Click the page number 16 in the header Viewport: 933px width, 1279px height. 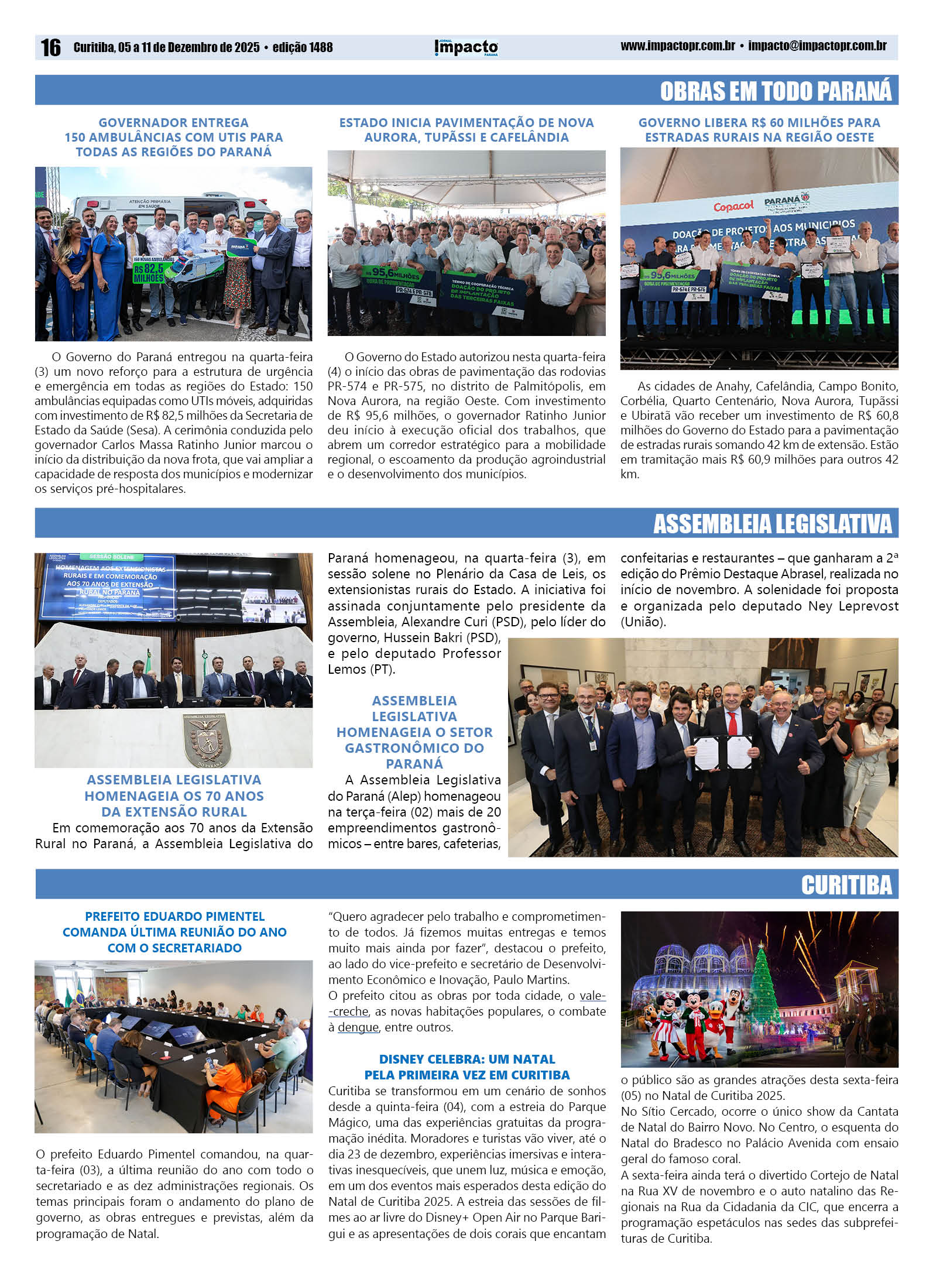click(50, 47)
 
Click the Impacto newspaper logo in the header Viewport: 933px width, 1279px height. click(466, 47)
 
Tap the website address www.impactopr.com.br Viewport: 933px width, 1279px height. click(677, 46)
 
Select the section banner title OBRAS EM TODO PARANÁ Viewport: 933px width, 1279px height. click(776, 91)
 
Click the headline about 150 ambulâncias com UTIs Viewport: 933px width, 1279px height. click(174, 138)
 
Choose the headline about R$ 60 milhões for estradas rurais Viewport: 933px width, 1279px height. click(759, 130)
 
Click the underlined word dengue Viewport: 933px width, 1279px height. click(358, 1027)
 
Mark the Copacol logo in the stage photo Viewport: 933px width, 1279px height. click(733, 206)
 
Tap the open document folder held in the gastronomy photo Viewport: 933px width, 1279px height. click(722, 753)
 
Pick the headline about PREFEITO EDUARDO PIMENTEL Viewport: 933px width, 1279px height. click(174, 932)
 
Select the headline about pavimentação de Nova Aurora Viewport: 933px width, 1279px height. click(466, 130)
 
